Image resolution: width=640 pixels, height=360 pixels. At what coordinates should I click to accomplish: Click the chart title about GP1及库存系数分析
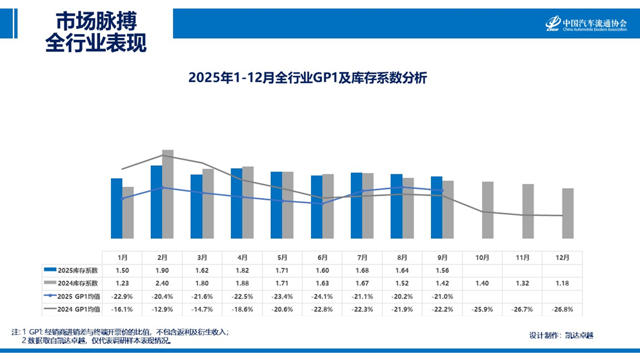[308, 78]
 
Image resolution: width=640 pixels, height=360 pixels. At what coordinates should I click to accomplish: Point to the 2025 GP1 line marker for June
[323, 203]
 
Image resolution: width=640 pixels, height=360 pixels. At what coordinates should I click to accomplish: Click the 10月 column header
[482, 257]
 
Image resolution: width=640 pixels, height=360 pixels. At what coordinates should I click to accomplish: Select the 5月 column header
[282, 257]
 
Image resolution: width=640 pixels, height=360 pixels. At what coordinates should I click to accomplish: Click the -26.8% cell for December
[562, 309]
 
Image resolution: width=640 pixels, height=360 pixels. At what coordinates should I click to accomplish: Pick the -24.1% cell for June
[322, 296]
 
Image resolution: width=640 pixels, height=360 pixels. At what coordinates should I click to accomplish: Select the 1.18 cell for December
[562, 283]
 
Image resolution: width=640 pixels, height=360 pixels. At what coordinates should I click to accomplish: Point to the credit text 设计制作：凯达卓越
[561, 335]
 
